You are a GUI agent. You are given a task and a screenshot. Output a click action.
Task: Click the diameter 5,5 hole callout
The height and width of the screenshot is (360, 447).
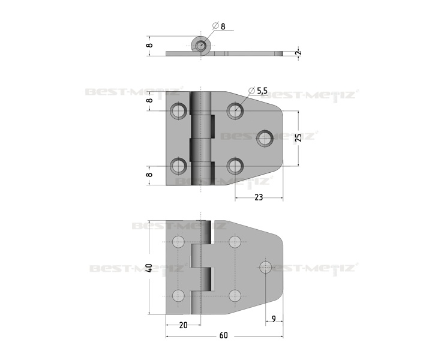(x=258, y=91)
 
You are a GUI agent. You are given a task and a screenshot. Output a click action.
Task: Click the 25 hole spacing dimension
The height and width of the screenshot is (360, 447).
(x=298, y=137)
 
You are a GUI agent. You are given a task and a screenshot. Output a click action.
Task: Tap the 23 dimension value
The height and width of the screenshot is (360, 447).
(x=258, y=197)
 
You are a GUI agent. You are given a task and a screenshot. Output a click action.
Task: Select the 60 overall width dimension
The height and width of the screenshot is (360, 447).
(x=223, y=335)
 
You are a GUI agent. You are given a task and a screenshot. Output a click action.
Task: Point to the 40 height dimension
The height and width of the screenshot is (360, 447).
(x=149, y=268)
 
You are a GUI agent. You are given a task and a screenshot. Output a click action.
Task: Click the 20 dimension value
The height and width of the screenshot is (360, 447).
(x=184, y=325)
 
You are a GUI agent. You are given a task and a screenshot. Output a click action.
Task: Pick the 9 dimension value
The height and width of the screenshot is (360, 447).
(x=274, y=319)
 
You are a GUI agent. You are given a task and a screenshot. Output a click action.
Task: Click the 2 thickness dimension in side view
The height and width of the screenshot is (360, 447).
(x=298, y=53)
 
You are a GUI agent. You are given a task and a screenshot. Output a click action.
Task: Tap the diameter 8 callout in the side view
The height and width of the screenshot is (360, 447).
(x=219, y=26)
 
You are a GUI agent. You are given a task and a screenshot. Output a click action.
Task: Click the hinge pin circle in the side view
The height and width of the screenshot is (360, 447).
(x=201, y=46)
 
